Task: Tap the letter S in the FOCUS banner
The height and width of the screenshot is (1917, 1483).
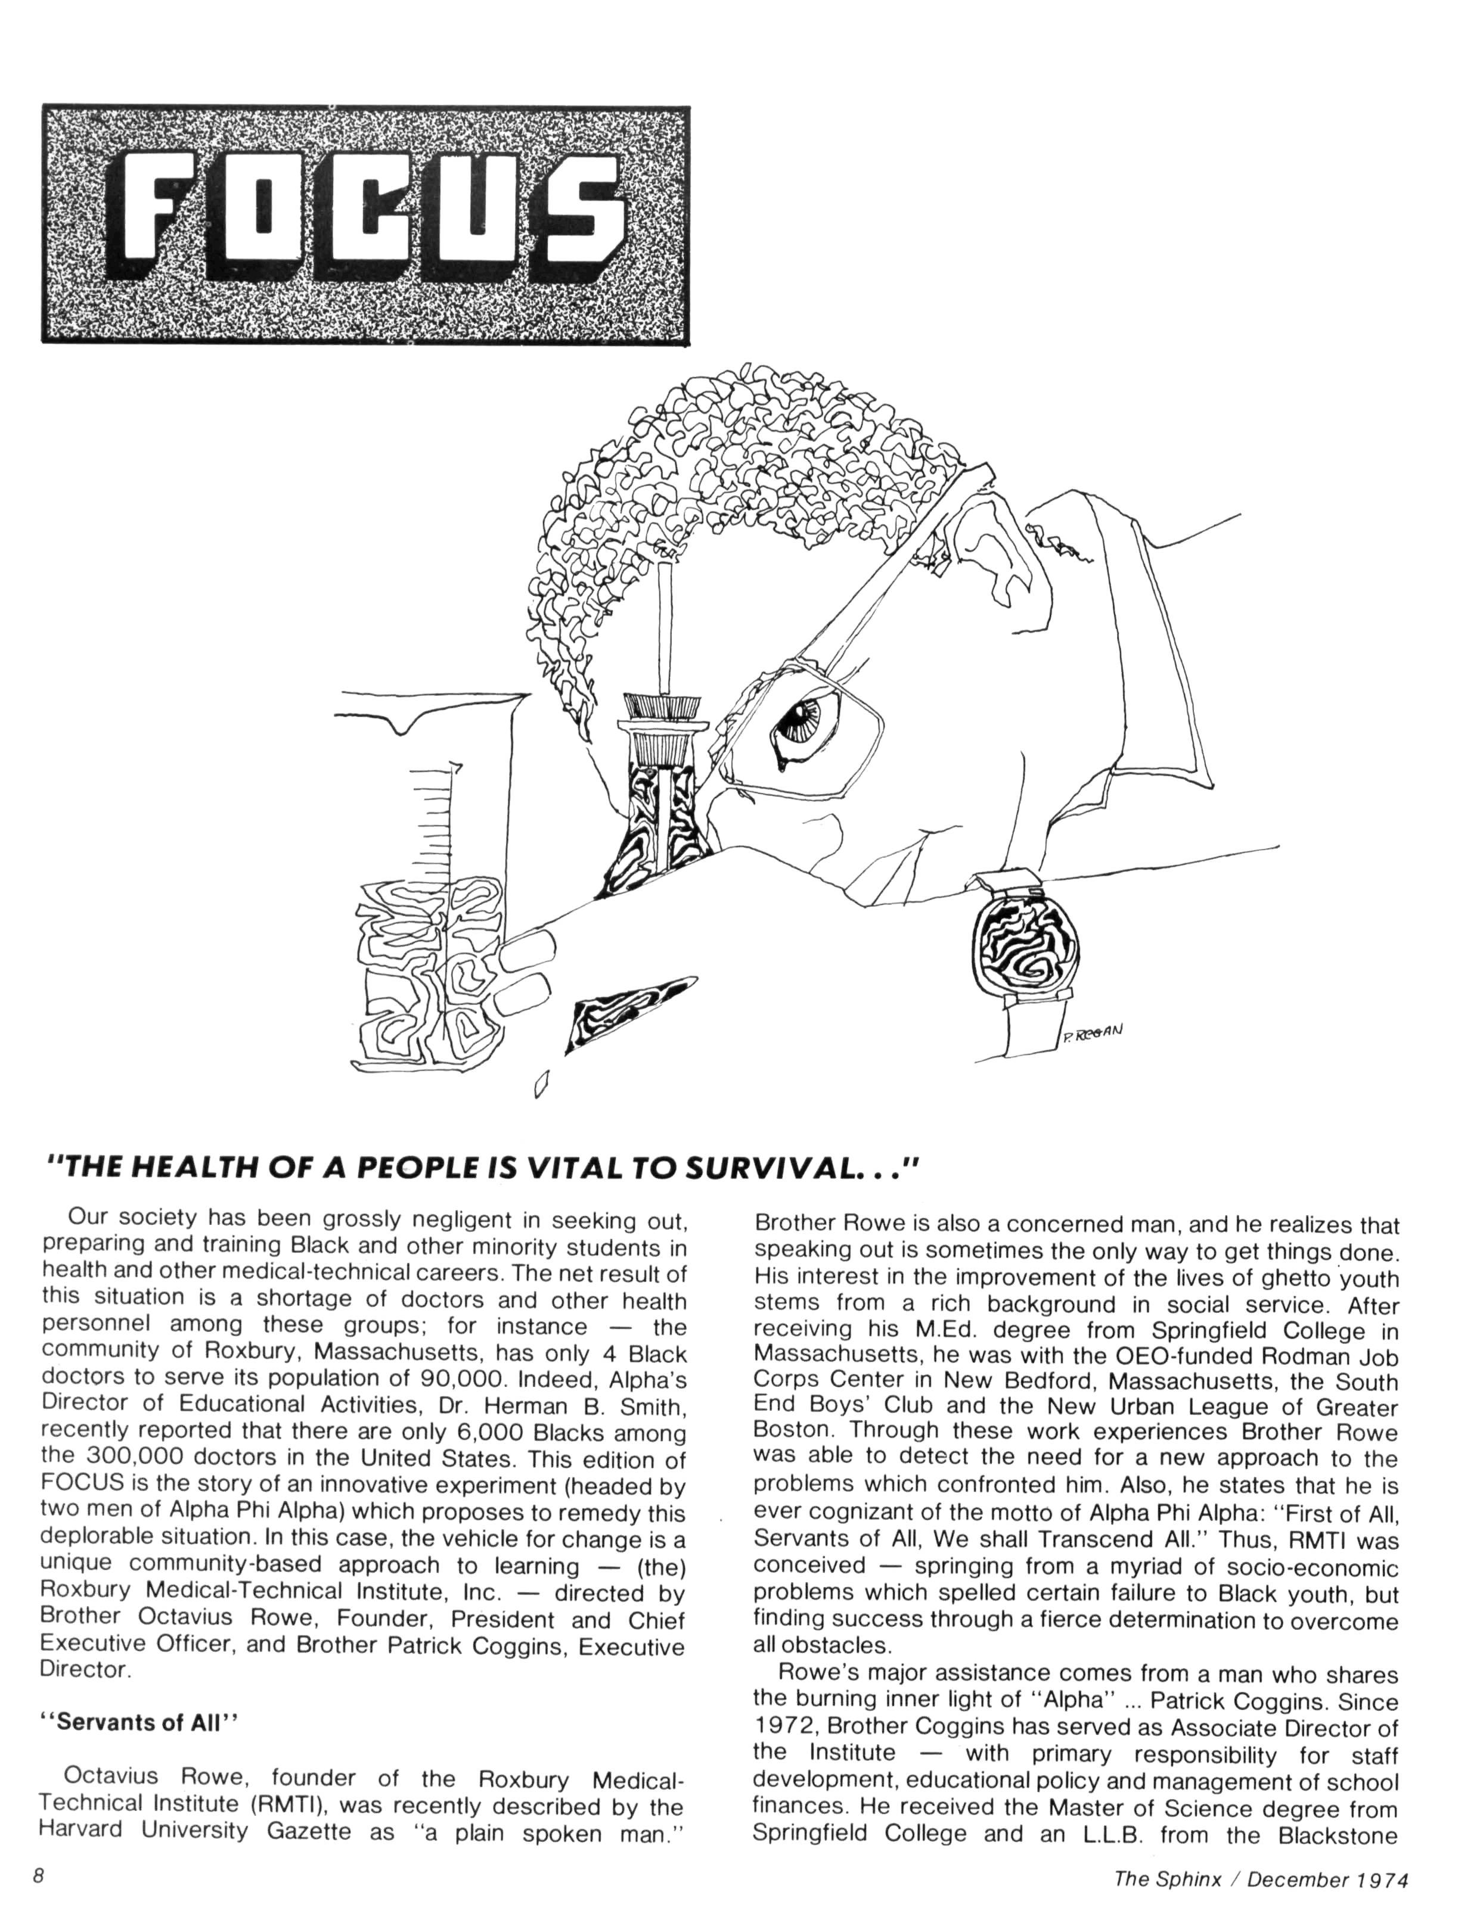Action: tap(572, 213)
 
